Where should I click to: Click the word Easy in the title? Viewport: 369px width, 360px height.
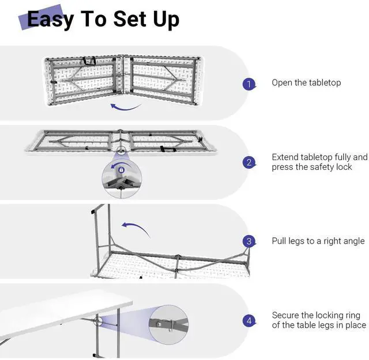pyautogui.click(x=51, y=19)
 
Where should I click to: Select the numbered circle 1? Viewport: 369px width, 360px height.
pyautogui.click(x=249, y=84)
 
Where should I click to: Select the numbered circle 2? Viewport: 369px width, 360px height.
pyautogui.click(x=249, y=162)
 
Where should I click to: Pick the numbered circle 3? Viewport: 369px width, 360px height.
pyautogui.click(x=249, y=241)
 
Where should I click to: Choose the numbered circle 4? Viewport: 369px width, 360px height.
pyautogui.click(x=249, y=320)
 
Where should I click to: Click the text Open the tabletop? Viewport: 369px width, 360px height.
pyautogui.click(x=306, y=83)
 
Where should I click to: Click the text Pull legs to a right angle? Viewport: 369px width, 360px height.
pyautogui.click(x=318, y=241)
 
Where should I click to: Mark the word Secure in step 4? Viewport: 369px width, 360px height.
pyautogui.click(x=285, y=315)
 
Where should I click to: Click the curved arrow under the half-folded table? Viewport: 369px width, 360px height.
pyautogui.click(x=126, y=107)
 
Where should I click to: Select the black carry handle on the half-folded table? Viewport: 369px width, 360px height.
pyautogui.click(x=89, y=59)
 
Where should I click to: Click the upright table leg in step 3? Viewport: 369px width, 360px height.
pyautogui.click(x=101, y=230)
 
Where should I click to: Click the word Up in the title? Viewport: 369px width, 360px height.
pyautogui.click(x=165, y=19)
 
